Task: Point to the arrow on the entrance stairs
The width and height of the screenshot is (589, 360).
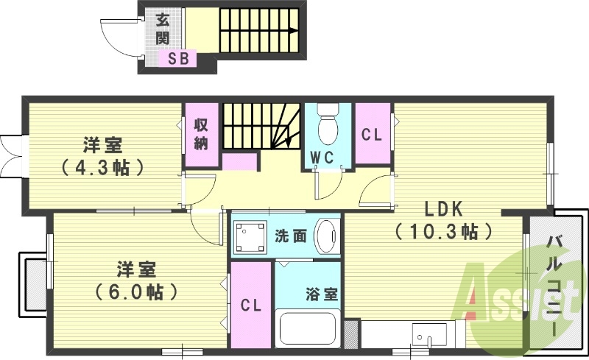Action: (292, 31)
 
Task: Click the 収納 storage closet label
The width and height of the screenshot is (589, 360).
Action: (201, 133)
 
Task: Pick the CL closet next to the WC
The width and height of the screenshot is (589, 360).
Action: (372, 135)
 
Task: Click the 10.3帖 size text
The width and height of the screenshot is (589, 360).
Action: (443, 233)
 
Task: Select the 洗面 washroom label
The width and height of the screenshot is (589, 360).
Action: (291, 236)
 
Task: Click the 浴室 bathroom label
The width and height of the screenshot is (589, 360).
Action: (322, 292)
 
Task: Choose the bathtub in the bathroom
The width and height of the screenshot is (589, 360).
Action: (308, 331)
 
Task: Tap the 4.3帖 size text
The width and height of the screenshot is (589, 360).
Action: (102, 167)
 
